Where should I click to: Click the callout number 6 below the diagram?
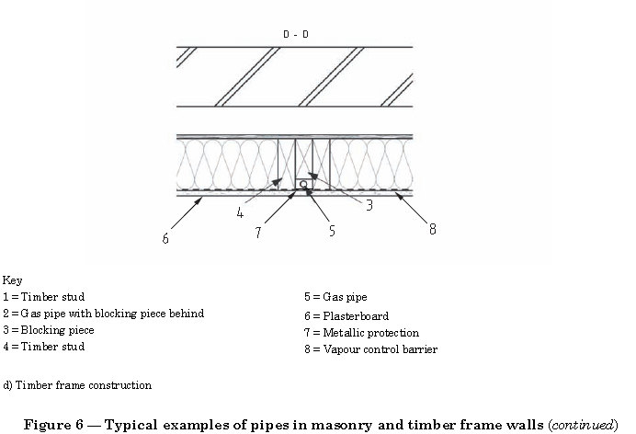[165, 238]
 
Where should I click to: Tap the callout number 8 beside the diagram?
[432, 228]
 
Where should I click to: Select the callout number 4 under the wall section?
[240, 212]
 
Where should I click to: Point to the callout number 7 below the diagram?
[259, 233]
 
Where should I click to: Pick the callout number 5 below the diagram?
[332, 231]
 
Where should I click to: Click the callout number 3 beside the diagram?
[369, 206]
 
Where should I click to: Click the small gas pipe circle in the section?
[303, 184]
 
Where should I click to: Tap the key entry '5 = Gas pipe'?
[335, 297]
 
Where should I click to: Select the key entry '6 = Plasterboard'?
[346, 315]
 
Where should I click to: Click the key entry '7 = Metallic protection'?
[361, 332]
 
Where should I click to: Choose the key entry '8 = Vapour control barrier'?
[370, 349]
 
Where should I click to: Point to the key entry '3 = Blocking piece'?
[48, 330]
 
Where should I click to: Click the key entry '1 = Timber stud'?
[43, 297]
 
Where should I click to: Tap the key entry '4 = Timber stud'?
[43, 347]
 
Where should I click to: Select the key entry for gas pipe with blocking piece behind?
[103, 314]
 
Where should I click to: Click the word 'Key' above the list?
[12, 280]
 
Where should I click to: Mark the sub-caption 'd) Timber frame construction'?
[77, 385]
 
